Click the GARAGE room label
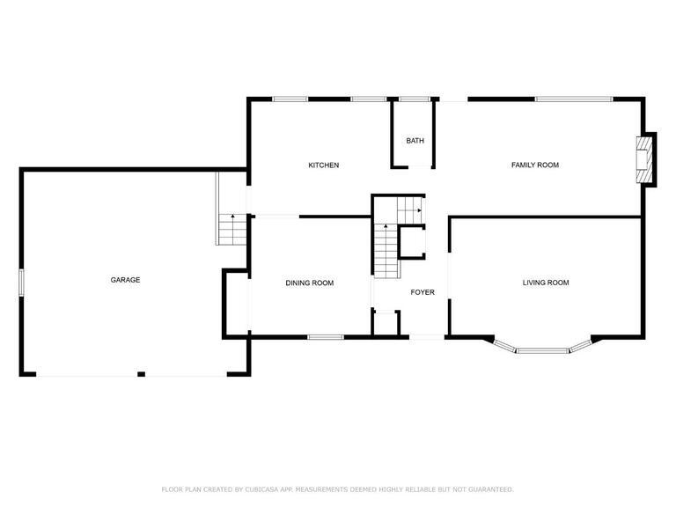click(x=125, y=280)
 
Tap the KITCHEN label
click(x=323, y=165)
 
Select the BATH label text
click(x=415, y=141)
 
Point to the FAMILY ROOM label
click(x=534, y=165)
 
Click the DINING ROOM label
click(x=310, y=283)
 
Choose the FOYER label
click(x=422, y=292)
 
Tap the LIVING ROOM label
click(x=546, y=283)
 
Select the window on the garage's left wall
click(x=21, y=283)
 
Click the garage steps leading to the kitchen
click(x=232, y=230)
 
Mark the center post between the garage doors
click(x=141, y=374)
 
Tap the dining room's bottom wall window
click(x=326, y=337)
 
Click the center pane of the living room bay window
click(x=543, y=350)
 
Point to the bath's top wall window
click(x=415, y=99)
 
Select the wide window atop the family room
click(x=574, y=99)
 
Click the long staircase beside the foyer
click(x=386, y=251)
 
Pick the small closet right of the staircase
click(x=413, y=242)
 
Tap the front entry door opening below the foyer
click(x=426, y=337)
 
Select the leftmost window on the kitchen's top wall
click(x=290, y=99)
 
